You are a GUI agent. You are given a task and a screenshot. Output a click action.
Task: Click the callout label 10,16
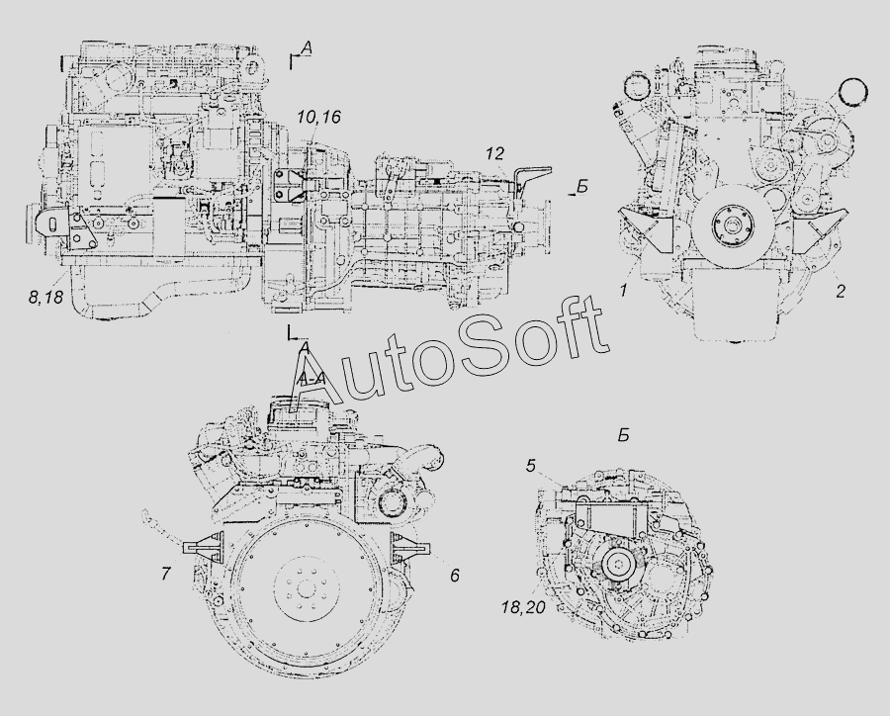[x=318, y=118]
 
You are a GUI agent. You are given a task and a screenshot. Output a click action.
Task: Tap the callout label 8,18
[x=45, y=297]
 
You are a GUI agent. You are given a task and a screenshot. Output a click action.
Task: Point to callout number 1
[x=623, y=292]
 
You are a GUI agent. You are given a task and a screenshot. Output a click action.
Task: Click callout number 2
[x=841, y=292]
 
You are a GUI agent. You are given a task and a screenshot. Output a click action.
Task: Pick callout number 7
[x=165, y=574]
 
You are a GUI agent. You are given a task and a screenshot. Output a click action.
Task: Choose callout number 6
[x=454, y=576]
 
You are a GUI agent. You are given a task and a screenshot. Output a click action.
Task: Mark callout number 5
[x=531, y=466]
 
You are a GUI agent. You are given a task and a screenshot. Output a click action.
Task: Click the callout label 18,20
[x=523, y=607]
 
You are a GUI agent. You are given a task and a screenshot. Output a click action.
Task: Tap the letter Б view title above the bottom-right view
[x=623, y=436]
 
